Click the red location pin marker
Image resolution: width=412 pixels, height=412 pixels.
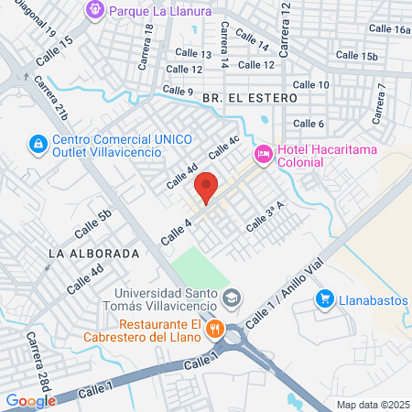(207, 187)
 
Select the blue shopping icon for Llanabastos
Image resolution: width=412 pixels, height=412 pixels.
(324, 298)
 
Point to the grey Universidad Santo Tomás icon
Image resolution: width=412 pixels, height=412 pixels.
(233, 298)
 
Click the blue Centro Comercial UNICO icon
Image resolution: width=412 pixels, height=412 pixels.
(37, 144)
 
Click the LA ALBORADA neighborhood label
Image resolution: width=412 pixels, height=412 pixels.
(94, 252)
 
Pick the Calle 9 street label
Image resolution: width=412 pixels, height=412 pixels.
(178, 91)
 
